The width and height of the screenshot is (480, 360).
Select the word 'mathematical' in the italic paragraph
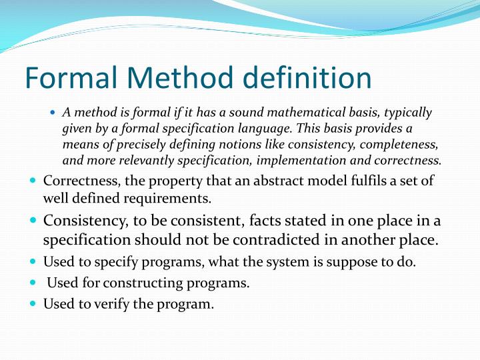(x=287, y=113)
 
